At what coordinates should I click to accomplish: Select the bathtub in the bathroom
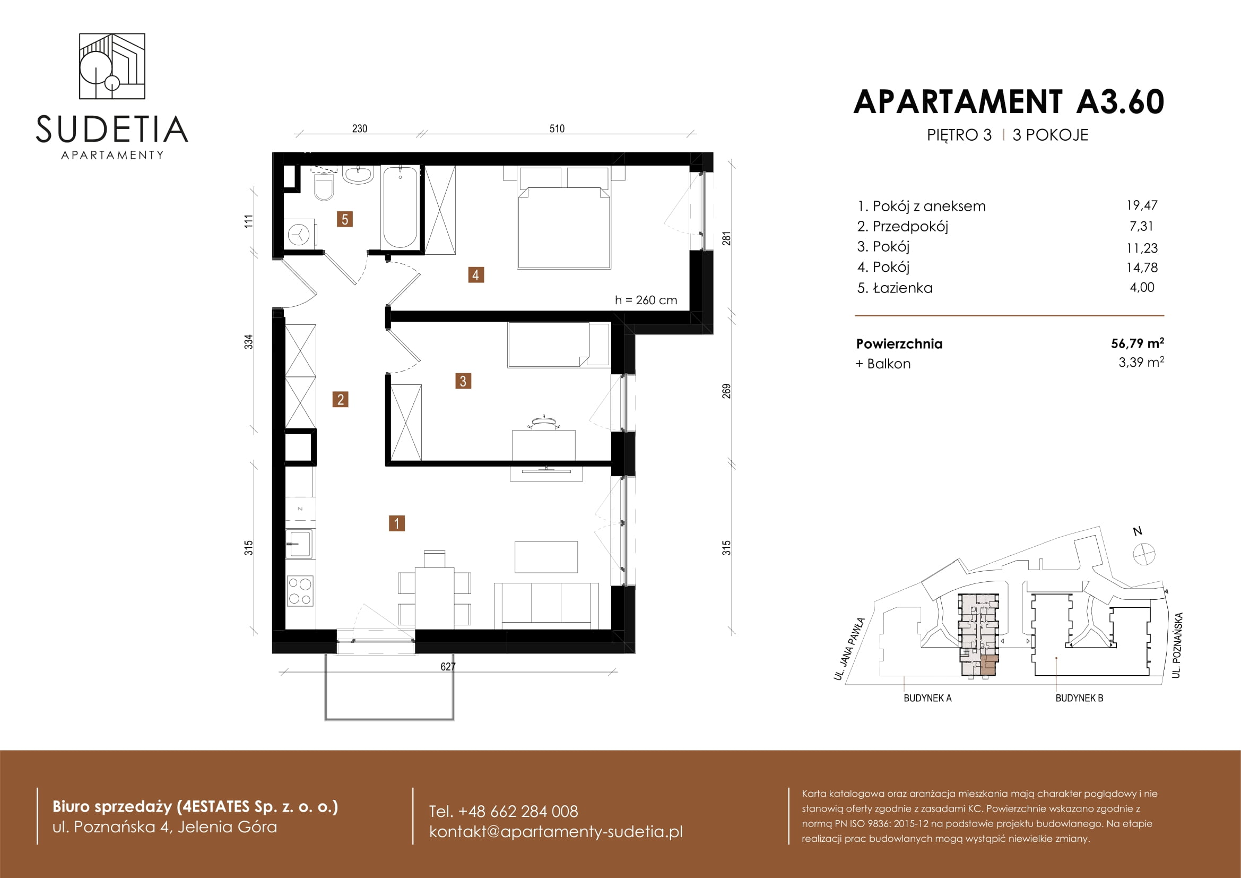click(400, 207)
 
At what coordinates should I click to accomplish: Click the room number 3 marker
click(463, 381)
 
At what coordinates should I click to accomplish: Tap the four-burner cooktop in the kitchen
click(300, 590)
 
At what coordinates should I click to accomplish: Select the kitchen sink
click(299, 544)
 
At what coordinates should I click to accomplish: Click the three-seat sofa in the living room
click(546, 606)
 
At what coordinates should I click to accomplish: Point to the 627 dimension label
click(448, 667)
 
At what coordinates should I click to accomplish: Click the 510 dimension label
click(557, 128)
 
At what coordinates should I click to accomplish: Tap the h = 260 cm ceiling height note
click(646, 300)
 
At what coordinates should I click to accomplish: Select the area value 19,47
click(1142, 205)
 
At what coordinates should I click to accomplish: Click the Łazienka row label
click(902, 288)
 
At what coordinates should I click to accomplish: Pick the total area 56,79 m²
click(1137, 343)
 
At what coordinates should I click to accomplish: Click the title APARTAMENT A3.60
click(1009, 101)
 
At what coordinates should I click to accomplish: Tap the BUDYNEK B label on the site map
click(1079, 698)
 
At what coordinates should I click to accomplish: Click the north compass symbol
click(1144, 554)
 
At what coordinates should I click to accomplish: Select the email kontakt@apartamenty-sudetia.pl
click(556, 831)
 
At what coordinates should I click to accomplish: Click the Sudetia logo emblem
click(112, 66)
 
